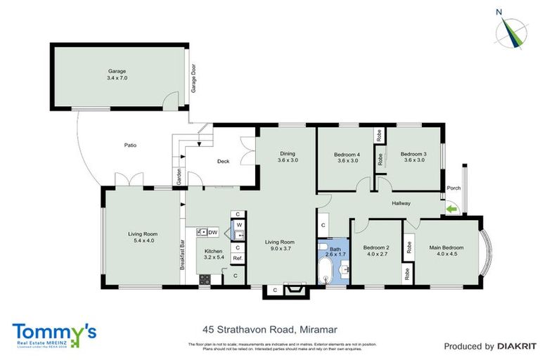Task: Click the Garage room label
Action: (117, 71)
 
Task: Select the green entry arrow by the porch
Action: (450, 207)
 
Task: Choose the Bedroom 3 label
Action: (413, 154)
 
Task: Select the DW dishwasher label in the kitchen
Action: (212, 232)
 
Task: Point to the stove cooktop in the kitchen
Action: (205, 278)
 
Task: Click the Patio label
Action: (130, 146)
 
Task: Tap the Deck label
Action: (223, 162)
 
